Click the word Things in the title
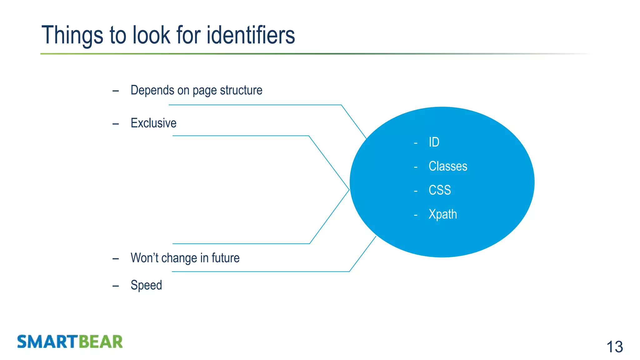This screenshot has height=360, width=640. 72,35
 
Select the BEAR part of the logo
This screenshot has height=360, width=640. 100,342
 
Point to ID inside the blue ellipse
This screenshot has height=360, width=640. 434,142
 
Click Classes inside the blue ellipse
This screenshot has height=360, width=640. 448,166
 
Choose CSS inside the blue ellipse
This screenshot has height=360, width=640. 440,190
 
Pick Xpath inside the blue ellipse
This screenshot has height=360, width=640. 442,214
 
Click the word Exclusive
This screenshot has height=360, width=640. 153,123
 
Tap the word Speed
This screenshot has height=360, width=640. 146,285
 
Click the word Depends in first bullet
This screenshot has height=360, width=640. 152,90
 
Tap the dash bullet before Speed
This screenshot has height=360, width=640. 116,286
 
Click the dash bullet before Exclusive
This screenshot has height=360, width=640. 116,124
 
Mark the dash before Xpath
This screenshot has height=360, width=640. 416,215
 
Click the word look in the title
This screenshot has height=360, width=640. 151,35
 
